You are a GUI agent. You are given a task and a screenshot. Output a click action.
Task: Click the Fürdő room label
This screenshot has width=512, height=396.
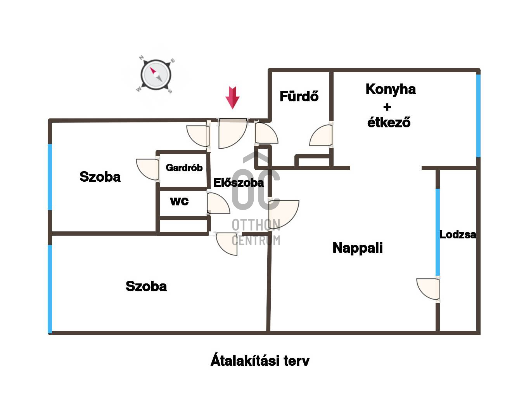tap(299, 96)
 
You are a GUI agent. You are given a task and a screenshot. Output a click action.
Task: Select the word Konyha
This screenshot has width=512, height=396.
tap(391, 90)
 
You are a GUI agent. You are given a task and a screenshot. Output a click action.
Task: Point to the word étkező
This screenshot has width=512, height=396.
tap(389, 122)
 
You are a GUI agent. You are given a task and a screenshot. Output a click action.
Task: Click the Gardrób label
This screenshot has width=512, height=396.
tap(184, 168)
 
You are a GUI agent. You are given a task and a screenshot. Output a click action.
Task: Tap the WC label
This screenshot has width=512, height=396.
tap(179, 201)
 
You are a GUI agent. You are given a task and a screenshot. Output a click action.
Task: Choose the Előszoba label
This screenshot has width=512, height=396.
tap(238, 182)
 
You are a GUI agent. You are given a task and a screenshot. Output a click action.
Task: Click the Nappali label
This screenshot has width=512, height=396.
tap(358, 248)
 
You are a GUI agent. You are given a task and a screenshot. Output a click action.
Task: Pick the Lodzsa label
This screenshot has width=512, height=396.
tap(458, 234)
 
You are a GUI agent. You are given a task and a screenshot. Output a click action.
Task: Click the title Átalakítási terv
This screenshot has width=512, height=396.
tap(259, 360)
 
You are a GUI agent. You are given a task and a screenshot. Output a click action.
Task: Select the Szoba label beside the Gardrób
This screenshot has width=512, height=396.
tap(100, 177)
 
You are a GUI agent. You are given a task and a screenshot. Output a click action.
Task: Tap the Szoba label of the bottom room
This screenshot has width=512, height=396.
tap(146, 287)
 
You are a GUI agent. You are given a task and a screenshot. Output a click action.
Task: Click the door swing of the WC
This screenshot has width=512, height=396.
tap(218, 203)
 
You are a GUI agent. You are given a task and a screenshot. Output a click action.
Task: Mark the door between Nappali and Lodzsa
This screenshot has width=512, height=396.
tap(428, 289)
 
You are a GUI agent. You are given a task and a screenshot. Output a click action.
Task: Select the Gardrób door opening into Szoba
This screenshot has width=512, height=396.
tap(147, 170)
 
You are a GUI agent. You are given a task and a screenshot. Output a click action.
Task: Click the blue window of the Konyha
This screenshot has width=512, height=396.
tap(478, 116)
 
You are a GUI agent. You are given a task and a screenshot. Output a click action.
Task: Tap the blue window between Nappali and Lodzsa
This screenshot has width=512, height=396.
tap(438, 232)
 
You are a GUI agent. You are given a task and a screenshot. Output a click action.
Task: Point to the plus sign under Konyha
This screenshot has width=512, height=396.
tap(387, 107)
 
